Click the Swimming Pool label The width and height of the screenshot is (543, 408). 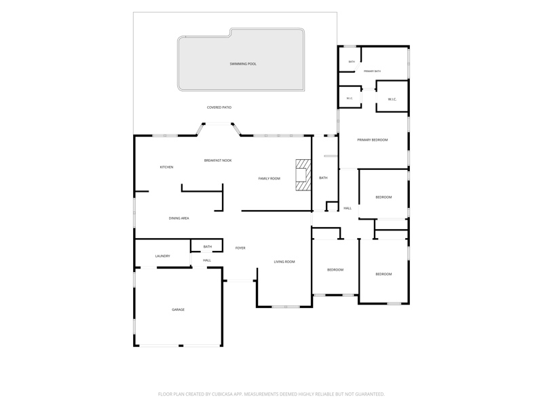[x=243, y=64]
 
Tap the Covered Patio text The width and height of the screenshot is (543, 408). [x=219, y=107]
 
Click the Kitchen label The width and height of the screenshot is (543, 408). [x=166, y=167]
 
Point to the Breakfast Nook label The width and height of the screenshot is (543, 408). [x=218, y=160]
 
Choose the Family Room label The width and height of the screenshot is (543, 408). [x=269, y=179]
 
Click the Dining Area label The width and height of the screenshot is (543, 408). [x=179, y=218]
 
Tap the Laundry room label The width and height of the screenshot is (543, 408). [x=163, y=256]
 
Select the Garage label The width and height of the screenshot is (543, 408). [x=179, y=310]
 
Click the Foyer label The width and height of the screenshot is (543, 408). [x=240, y=248]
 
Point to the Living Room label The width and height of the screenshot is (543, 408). [x=284, y=262]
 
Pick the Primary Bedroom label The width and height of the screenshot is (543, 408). [x=373, y=140]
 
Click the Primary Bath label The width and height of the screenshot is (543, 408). [x=372, y=71]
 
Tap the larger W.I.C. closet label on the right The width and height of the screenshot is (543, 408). [x=392, y=99]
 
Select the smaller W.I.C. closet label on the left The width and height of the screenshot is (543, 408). [x=350, y=99]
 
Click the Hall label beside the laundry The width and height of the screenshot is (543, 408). [x=207, y=260]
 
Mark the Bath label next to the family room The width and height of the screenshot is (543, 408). [x=323, y=178]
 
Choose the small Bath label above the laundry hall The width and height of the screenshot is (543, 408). [x=208, y=247]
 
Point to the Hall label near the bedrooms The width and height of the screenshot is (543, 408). [x=348, y=209]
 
